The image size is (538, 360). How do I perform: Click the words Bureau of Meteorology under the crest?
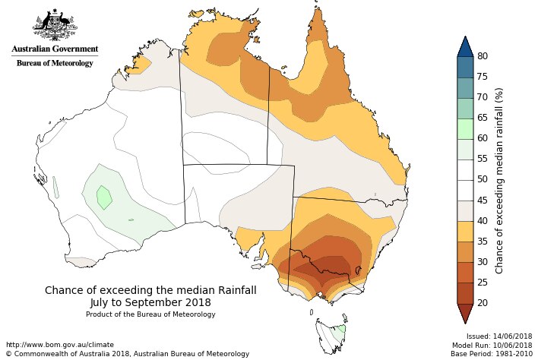click(x=55, y=63)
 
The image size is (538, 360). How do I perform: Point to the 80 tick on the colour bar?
click(x=482, y=56)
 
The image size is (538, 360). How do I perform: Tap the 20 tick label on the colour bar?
click(x=482, y=302)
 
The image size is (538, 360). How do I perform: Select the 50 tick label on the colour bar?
click(x=482, y=179)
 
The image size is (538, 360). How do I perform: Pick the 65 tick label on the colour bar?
click(x=482, y=118)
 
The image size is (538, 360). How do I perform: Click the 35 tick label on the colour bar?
click(x=482, y=241)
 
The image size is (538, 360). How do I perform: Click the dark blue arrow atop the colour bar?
click(x=465, y=46)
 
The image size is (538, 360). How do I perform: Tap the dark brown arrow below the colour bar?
click(x=465, y=312)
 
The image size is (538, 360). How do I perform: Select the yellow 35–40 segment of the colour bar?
click(x=465, y=231)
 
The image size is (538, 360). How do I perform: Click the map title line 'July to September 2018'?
click(x=150, y=302)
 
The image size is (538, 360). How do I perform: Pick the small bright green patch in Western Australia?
click(x=104, y=197)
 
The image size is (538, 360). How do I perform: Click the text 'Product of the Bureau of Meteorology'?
click(x=150, y=314)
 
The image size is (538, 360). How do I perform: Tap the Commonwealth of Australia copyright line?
click(x=127, y=354)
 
